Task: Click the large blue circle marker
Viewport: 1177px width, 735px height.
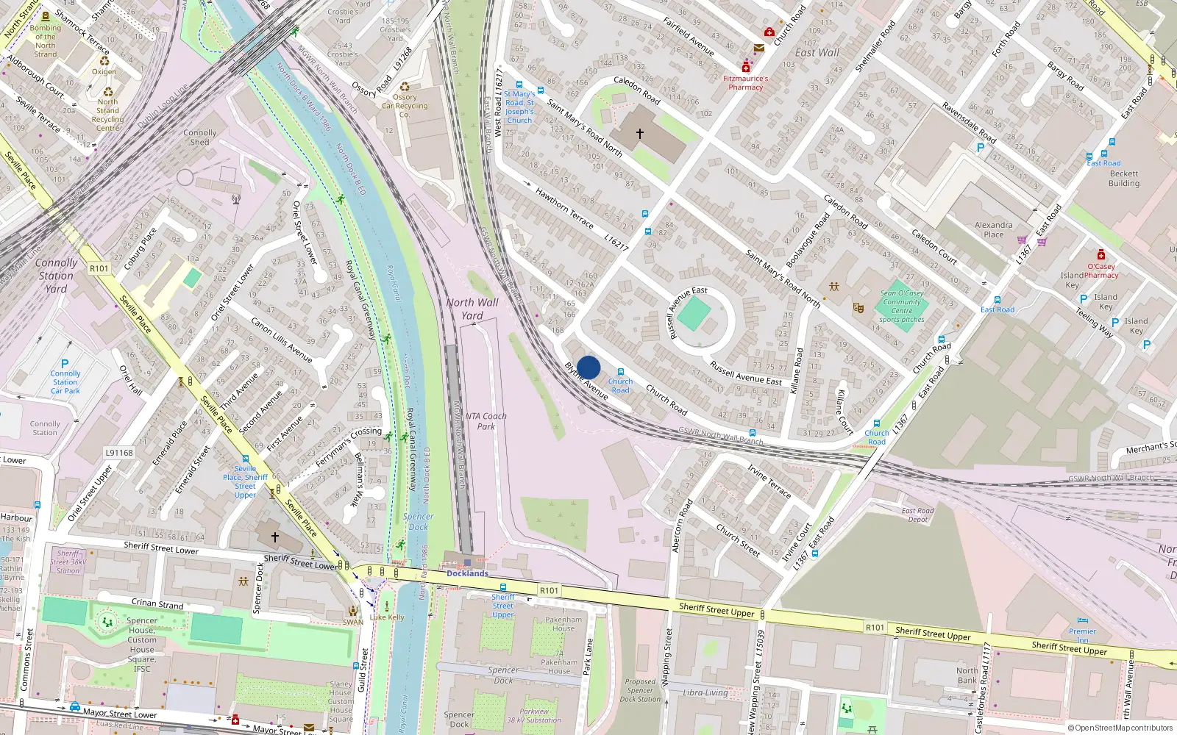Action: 588,367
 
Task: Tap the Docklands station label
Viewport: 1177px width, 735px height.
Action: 467,573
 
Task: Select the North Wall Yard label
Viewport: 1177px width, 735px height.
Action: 472,309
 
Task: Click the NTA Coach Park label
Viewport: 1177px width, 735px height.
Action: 486,421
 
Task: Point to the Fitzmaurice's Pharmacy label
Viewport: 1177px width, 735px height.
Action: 745,82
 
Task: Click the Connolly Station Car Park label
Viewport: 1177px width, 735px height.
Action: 65,382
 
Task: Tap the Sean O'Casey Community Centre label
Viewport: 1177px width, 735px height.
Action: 902,306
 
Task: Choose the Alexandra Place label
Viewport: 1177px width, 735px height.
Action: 993,230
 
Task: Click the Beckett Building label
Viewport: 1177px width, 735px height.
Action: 1123,179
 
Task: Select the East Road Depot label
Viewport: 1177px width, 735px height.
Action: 917,514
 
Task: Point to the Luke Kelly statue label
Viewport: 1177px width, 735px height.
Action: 387,617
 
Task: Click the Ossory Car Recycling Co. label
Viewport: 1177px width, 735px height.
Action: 404,106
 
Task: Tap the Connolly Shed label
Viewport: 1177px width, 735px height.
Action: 200,137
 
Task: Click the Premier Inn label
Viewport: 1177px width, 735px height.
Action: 1082,635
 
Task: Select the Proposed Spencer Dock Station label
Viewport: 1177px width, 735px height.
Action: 639,690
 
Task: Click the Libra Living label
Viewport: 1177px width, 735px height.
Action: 705,692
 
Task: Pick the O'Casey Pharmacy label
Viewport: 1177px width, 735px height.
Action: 1100,270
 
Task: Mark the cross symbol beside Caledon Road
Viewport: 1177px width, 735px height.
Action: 640,134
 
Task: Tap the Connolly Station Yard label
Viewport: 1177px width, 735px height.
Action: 56,276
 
